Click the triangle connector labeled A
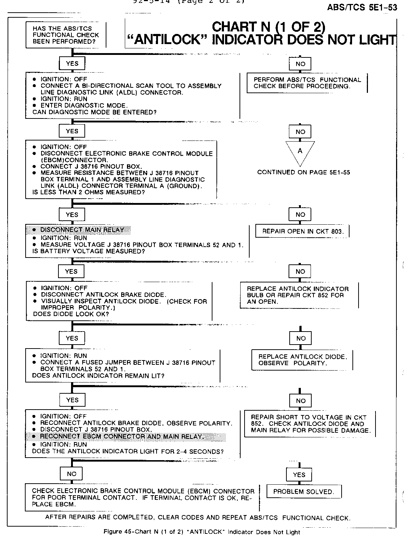point(300,151)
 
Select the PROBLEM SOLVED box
point(304,492)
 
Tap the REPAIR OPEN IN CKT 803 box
point(302,231)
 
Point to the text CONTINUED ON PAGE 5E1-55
point(303,172)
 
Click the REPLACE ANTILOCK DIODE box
point(302,360)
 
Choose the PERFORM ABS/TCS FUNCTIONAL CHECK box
point(307,83)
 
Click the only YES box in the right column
point(299,475)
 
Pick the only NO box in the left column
point(71,474)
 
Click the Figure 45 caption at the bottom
point(202,532)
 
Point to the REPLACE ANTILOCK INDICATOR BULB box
point(298,295)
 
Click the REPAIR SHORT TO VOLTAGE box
point(311,424)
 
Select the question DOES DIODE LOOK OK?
point(71,314)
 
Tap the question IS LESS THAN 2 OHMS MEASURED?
point(88,192)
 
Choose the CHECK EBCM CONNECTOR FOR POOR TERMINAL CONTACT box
point(143,497)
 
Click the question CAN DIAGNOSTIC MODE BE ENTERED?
point(95,112)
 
